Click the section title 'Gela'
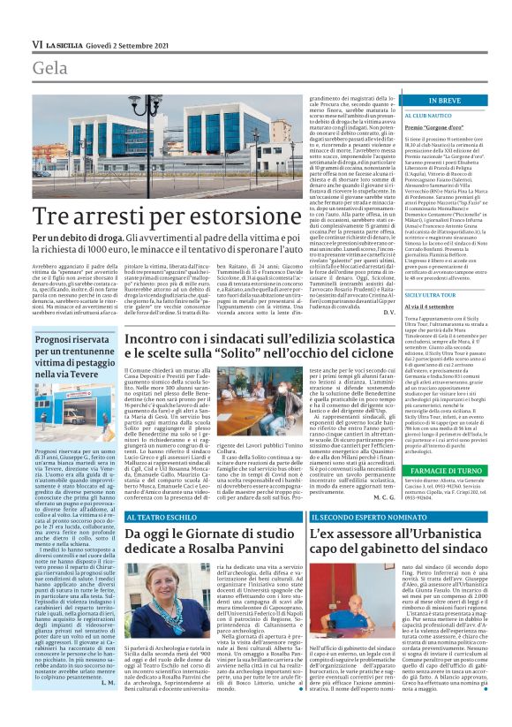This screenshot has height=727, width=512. pos(49,68)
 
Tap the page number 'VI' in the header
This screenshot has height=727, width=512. pos(37,43)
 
